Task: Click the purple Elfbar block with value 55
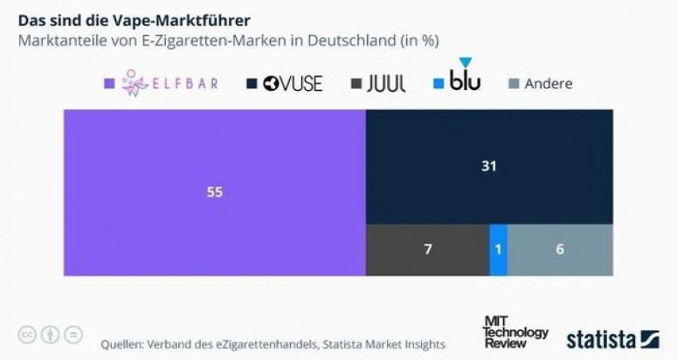pos(214,193)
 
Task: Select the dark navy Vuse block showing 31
pos(488,166)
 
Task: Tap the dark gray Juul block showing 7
pos(427,249)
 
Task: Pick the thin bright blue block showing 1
pos(498,249)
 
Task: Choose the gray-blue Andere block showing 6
pos(560,249)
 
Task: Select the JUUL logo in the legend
pos(387,84)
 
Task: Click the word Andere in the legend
pos(549,84)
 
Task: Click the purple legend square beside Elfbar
pos(109,84)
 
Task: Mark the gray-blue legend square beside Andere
pos(515,84)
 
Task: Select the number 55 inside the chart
pos(214,193)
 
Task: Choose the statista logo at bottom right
pos(612,338)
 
